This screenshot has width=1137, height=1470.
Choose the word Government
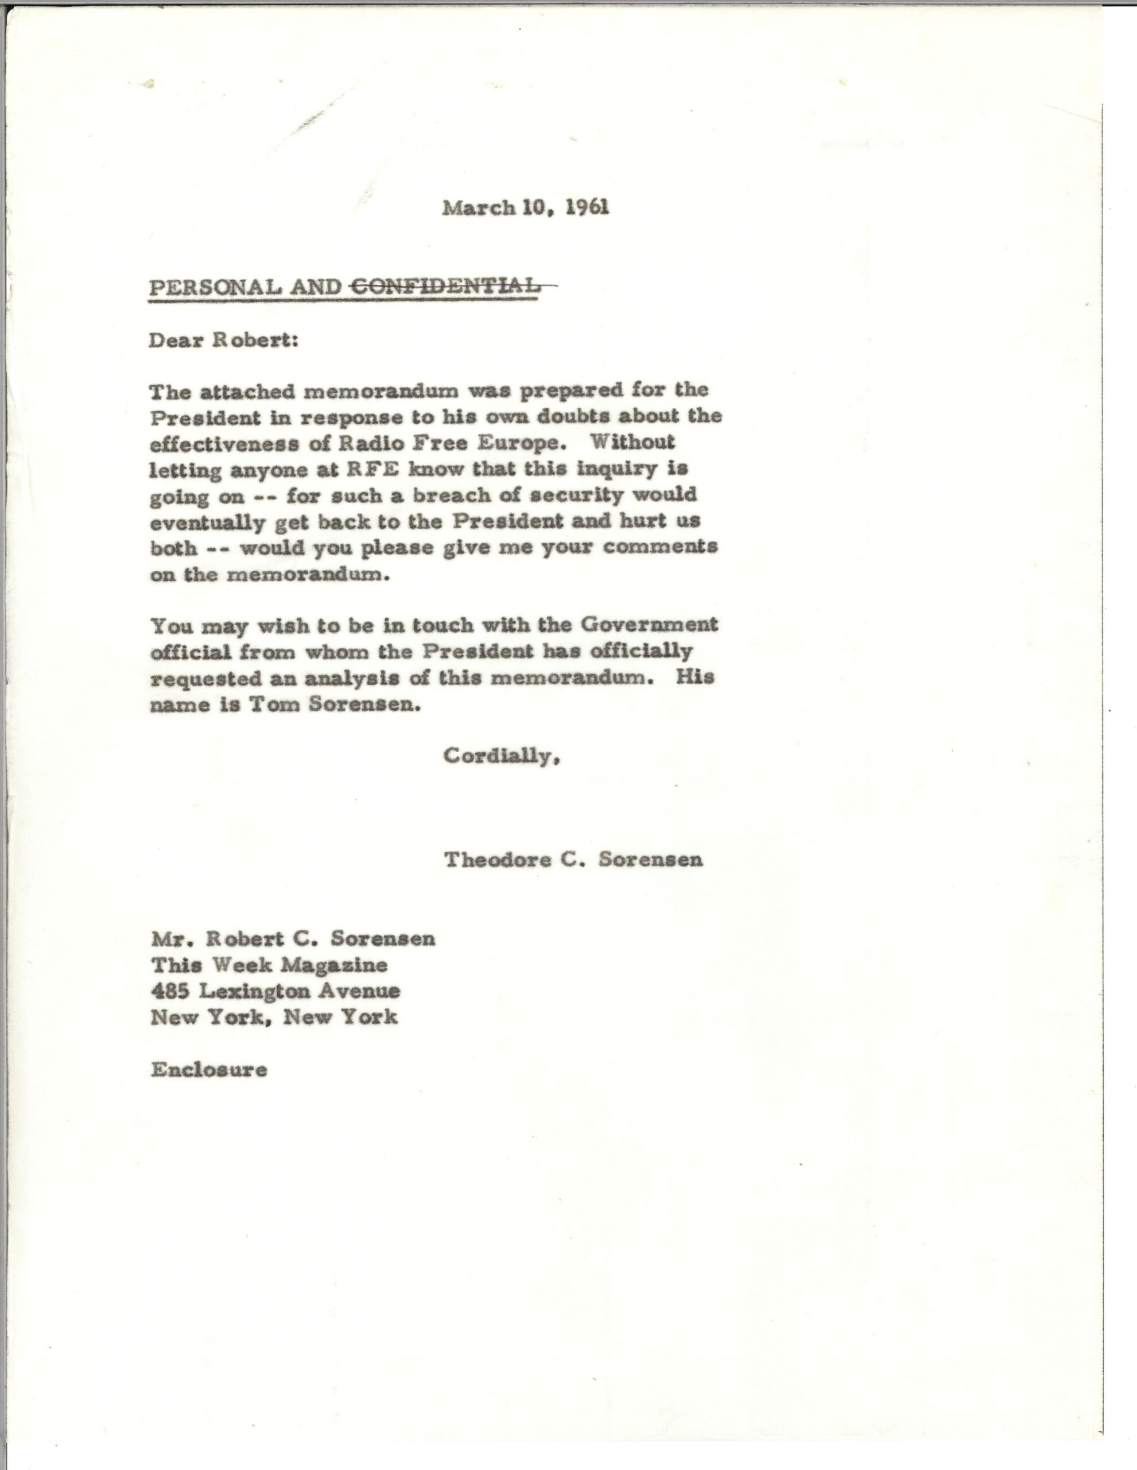click(x=649, y=625)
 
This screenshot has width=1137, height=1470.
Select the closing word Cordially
click(x=500, y=757)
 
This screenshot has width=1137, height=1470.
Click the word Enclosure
click(x=208, y=1070)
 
